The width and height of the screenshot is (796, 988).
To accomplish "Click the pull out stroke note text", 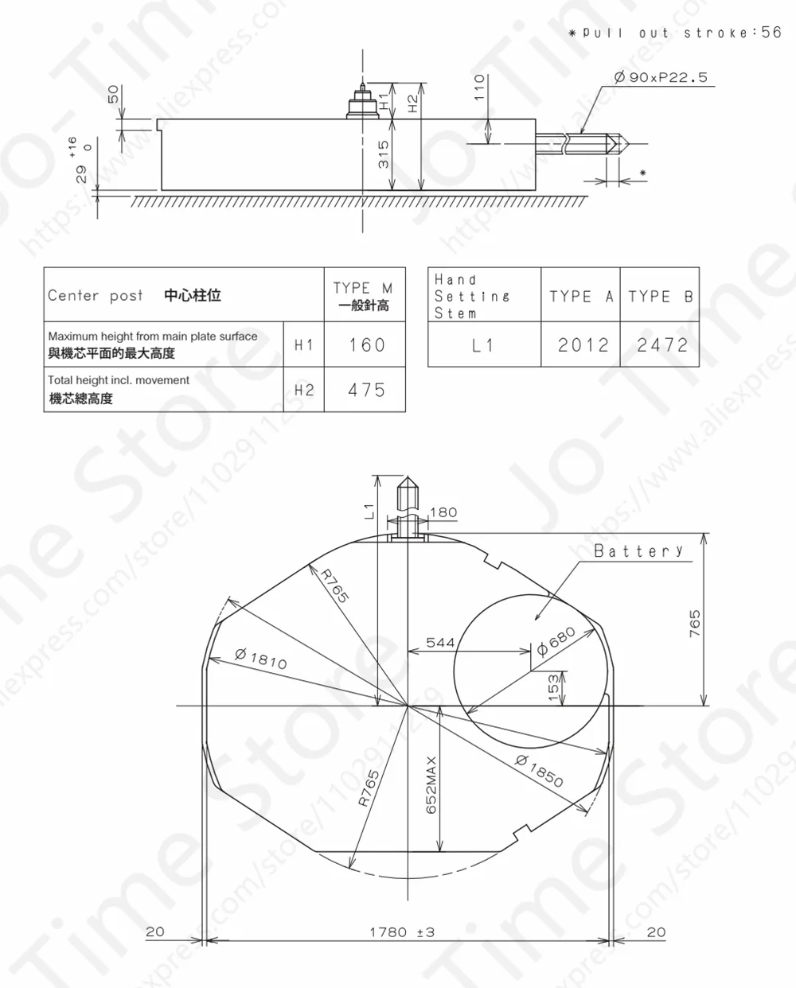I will click(x=675, y=33).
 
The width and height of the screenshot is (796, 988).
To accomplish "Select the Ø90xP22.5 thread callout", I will click(x=660, y=77).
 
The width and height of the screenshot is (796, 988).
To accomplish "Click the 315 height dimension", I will click(x=384, y=154).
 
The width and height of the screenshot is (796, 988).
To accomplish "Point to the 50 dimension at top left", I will click(x=113, y=94).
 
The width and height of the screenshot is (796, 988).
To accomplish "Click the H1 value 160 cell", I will click(x=366, y=344).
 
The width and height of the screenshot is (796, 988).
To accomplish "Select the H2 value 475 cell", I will click(x=366, y=390).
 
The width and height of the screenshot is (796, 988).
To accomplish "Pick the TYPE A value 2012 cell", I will click(x=582, y=344).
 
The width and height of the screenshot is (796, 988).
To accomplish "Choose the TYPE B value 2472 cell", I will click(x=661, y=344).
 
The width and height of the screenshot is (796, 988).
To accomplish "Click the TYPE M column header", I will click(x=364, y=295).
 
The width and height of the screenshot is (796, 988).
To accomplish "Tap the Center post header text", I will click(x=96, y=295).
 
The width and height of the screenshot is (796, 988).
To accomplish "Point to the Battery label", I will click(x=638, y=550).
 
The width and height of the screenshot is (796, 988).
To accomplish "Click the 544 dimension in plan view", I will click(x=440, y=642).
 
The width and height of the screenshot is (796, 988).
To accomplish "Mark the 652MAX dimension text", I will click(x=431, y=784).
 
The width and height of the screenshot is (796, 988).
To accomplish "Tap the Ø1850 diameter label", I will click(x=539, y=769).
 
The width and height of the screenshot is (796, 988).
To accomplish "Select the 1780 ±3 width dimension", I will click(x=402, y=932).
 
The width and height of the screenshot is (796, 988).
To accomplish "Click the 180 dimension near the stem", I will click(x=443, y=512).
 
